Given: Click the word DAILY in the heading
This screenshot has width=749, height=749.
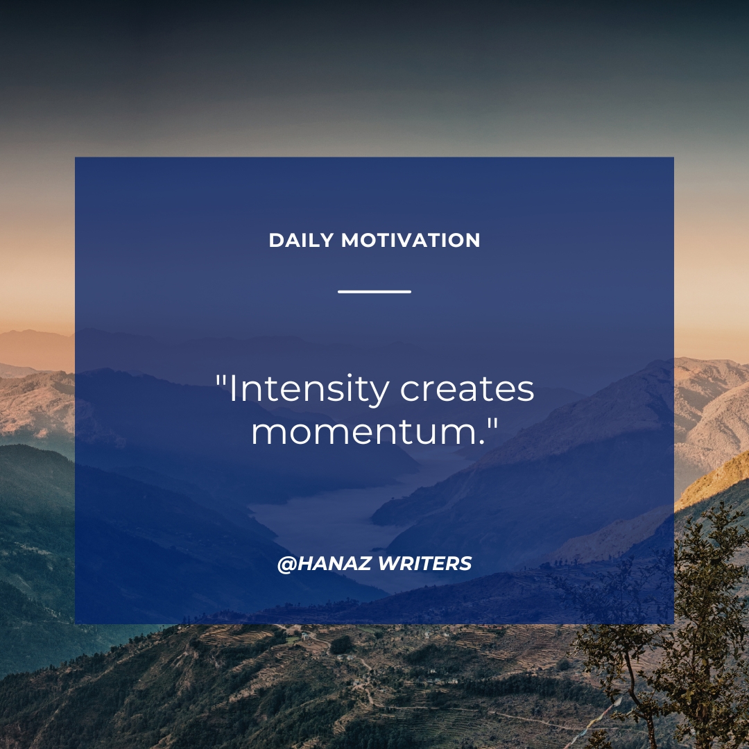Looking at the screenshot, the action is pos(301,240).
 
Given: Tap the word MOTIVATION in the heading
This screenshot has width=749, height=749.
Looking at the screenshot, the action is pos(411,240).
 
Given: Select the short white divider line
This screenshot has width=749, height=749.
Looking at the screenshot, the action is pos(374,291).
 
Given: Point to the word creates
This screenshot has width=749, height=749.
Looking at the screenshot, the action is pos(467,389).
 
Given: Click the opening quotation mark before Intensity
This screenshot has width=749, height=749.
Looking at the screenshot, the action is pos(221,381).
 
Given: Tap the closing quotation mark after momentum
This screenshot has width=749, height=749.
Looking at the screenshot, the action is pos(492,423).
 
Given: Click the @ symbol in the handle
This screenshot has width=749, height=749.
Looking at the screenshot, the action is pos(287,564).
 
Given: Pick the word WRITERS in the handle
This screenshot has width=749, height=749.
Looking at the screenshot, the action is pos(424,564).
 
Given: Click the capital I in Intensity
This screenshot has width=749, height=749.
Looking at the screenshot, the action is pos(232,389).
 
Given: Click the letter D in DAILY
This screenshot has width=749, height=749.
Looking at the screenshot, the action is pos(277,240).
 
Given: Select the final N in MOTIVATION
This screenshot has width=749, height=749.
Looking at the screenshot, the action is pos(472,240).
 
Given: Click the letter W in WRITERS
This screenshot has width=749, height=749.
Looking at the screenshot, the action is pos(389,564).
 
